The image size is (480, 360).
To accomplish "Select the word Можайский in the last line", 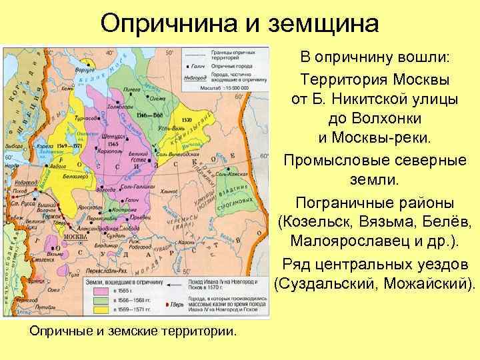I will point(426,284).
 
